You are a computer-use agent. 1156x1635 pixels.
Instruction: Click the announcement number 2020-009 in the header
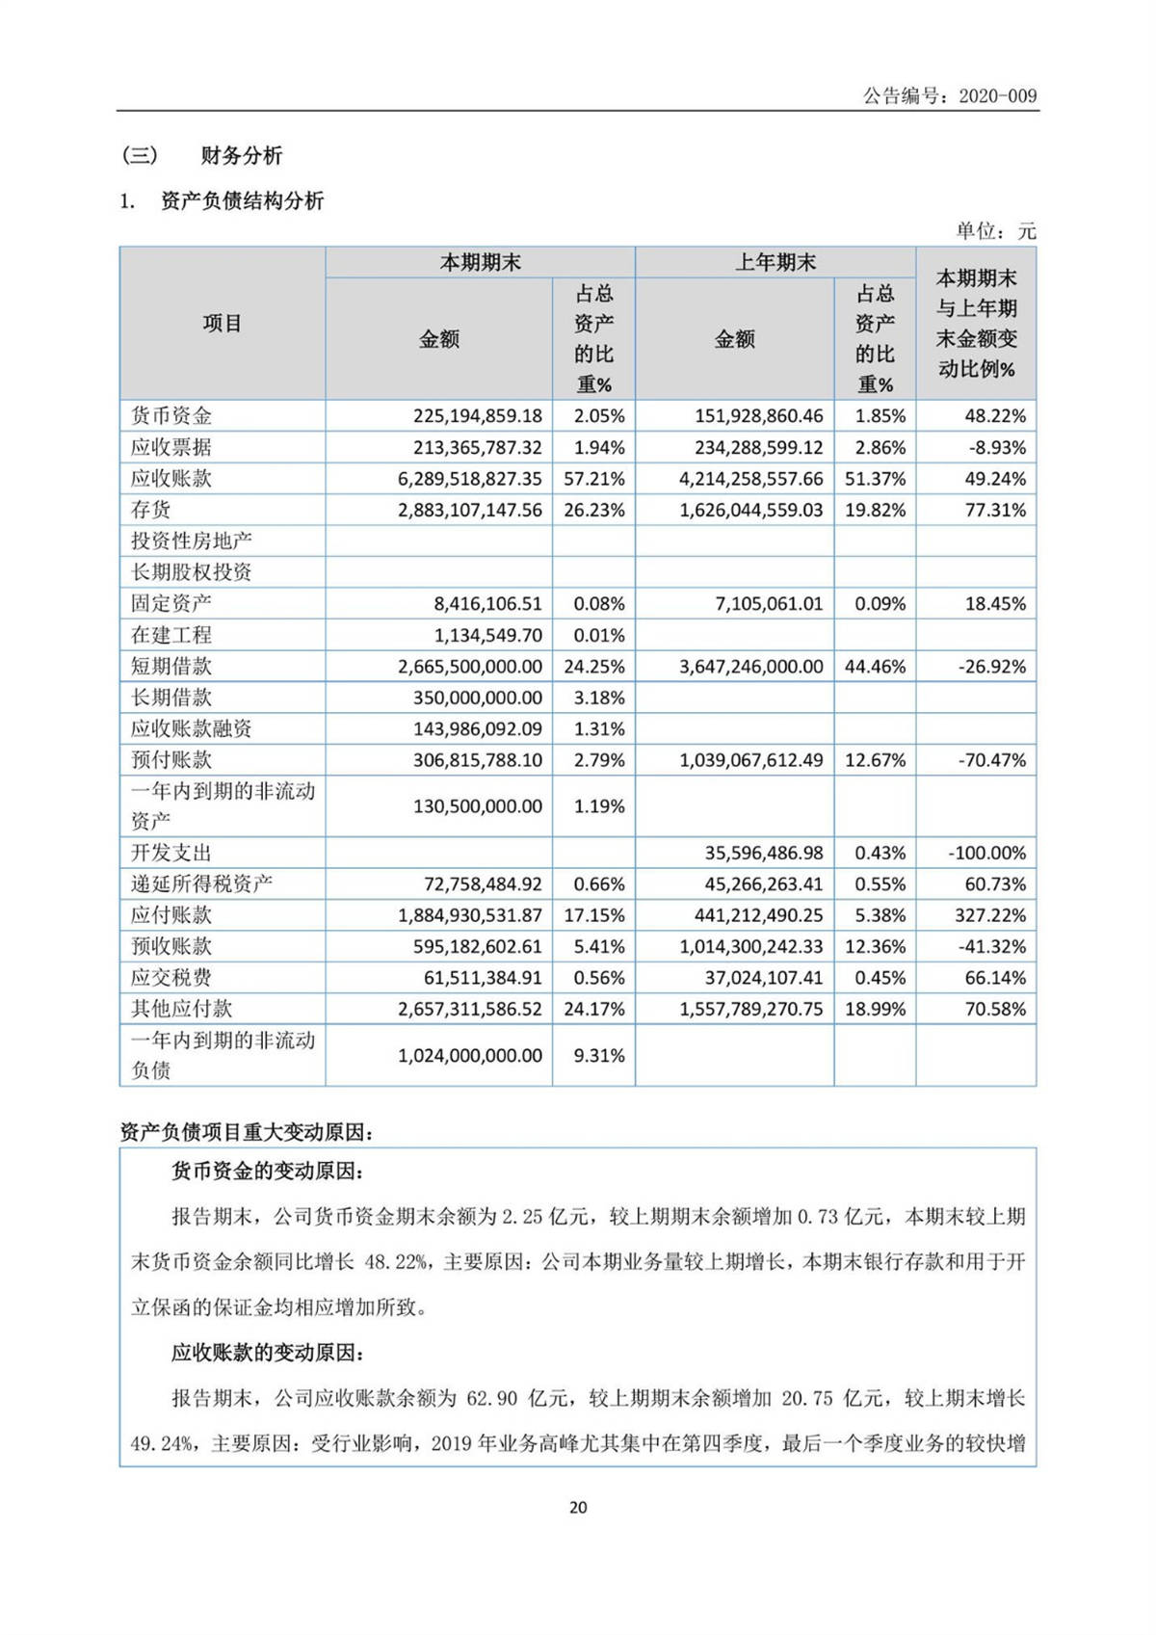click(x=997, y=95)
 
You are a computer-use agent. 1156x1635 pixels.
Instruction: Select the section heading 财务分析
click(x=242, y=155)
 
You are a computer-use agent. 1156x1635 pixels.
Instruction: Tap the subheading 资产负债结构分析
click(x=242, y=201)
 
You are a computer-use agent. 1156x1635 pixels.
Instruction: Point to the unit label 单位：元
click(x=995, y=231)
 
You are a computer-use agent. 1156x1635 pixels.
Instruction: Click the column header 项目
click(x=222, y=324)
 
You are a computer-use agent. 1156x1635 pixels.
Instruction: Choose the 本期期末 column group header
click(x=480, y=262)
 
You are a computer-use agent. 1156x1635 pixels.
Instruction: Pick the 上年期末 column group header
click(x=775, y=262)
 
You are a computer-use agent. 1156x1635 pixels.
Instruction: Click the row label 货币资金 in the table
click(x=171, y=416)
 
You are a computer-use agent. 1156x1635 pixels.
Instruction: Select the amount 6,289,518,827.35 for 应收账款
click(x=470, y=479)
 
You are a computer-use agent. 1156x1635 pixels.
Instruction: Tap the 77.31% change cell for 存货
click(x=995, y=510)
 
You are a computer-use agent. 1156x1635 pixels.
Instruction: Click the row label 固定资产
click(x=171, y=604)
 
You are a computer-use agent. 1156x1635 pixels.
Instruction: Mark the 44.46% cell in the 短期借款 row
click(x=875, y=667)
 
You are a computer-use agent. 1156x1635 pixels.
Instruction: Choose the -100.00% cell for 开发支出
click(x=987, y=854)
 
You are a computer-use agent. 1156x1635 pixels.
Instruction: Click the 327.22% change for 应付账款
click(x=991, y=915)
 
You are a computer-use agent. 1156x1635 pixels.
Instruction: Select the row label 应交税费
click(x=171, y=978)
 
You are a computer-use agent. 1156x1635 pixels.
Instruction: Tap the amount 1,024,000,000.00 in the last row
click(x=470, y=1056)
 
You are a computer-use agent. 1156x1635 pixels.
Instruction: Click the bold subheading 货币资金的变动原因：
click(x=268, y=1172)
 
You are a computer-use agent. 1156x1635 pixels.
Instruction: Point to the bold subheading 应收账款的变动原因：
click(x=268, y=1353)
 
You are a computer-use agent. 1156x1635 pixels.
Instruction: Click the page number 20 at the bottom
click(x=578, y=1507)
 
